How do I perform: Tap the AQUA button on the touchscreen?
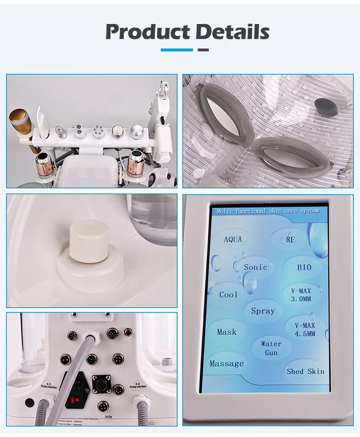click(x=233, y=239)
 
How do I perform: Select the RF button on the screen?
click(x=290, y=239)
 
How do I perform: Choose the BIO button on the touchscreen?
click(x=304, y=267)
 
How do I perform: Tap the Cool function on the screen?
click(x=228, y=294)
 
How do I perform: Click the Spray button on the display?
click(x=263, y=311)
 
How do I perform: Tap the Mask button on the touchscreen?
click(x=227, y=332)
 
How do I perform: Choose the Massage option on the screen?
click(x=227, y=364)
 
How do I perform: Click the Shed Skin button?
click(x=305, y=371)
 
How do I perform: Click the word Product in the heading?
click(x=146, y=32)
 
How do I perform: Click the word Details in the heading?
click(x=232, y=32)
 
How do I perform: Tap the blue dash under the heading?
click(x=176, y=50)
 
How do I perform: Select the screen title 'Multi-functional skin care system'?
click(x=267, y=211)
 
